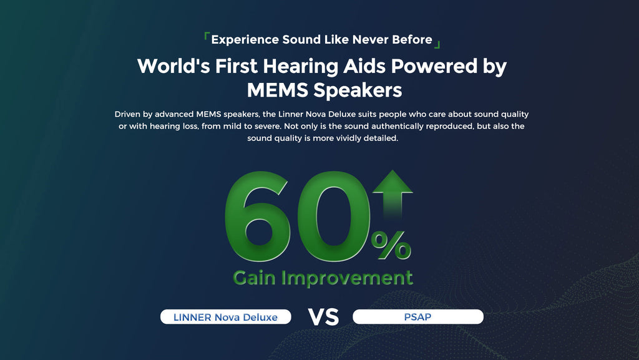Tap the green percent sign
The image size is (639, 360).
391,245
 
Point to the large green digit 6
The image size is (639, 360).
258,216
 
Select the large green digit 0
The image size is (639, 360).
333,216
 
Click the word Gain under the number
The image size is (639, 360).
255,278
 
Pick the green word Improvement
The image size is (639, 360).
347,279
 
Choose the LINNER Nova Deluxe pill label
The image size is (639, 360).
226,317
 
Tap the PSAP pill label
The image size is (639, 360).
417,317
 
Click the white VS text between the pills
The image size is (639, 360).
323,317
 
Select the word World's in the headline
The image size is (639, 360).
173,66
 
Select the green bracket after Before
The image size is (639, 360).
437,44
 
